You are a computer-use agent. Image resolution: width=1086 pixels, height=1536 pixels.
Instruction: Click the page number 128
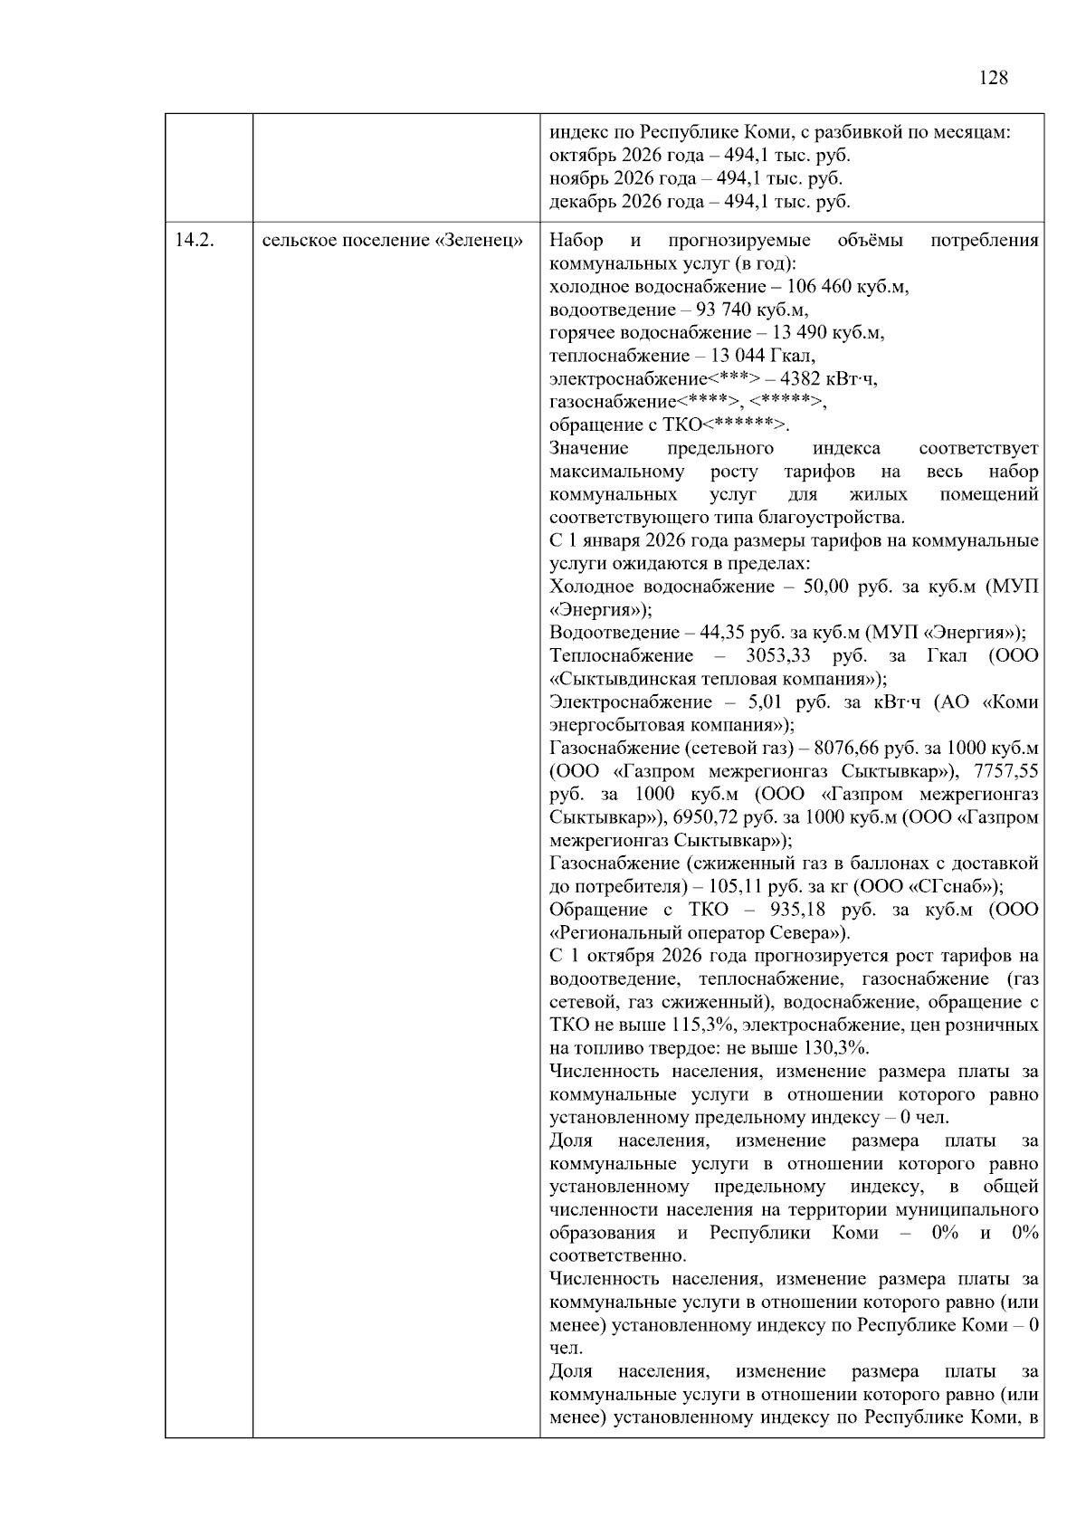(993, 78)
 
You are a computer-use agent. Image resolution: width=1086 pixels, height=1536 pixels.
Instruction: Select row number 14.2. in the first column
(193, 241)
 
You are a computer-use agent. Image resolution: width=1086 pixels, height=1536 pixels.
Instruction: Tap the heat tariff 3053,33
(776, 656)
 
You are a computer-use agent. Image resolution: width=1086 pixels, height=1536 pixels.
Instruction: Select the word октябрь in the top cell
(579, 156)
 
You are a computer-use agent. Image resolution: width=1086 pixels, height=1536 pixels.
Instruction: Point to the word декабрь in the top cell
(579, 202)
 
